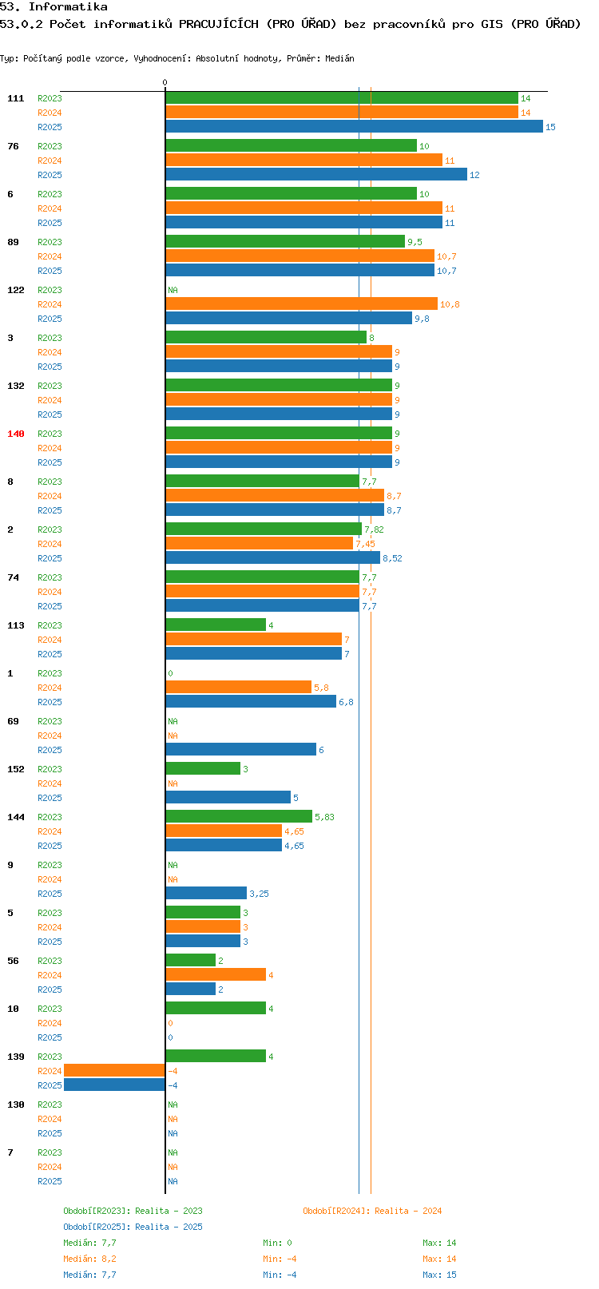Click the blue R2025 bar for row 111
[x=355, y=127]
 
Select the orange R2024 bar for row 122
[x=302, y=303]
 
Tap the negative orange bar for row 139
[x=114, y=1070]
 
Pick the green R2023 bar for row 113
[x=216, y=625]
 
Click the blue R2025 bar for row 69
[x=241, y=749]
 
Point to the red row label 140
[x=15, y=434]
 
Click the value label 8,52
[x=392, y=558]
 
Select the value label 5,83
[x=324, y=817]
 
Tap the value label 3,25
[x=259, y=894]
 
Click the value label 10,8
[x=450, y=304]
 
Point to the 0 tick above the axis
[x=165, y=82]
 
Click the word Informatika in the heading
[x=68, y=7]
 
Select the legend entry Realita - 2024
[x=409, y=1211]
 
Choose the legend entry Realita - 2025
[x=169, y=1227]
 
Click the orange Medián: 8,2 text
[x=89, y=1259]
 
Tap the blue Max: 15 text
[x=439, y=1275]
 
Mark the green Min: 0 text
[x=277, y=1243]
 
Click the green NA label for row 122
[x=173, y=290]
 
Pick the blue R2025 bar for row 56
[x=190, y=989]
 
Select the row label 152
[x=15, y=769]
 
